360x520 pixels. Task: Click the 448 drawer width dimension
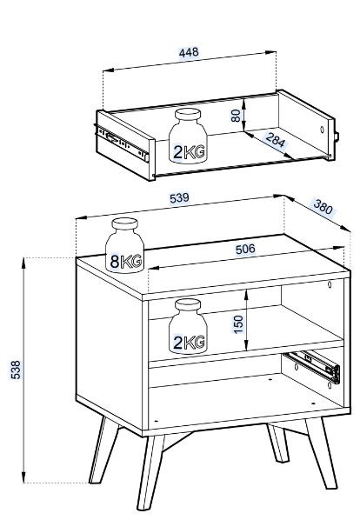coord(189,52)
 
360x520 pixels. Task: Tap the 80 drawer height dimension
coord(236,116)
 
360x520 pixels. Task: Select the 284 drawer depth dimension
coord(275,140)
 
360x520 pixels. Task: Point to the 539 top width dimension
coord(179,198)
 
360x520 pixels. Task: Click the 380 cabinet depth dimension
coord(323,207)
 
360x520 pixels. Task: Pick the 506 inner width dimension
coord(245,249)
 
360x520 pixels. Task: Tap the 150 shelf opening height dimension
coord(238,324)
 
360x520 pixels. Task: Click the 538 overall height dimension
coord(16,370)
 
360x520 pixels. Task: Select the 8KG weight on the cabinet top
coord(124,245)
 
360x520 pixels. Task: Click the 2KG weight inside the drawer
coord(188,136)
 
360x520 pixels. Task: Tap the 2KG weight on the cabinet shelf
coord(188,326)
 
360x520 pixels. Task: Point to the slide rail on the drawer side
coord(122,143)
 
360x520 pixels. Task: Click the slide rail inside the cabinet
coord(313,367)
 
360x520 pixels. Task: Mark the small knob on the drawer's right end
coord(337,137)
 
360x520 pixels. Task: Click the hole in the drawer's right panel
coord(322,130)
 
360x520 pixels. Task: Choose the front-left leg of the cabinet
coord(150,472)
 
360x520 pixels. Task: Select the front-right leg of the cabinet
coord(320,453)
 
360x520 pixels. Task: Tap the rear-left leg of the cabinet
coord(103,450)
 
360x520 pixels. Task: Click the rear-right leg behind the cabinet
coord(277,443)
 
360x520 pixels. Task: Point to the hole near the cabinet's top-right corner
coord(330,284)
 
